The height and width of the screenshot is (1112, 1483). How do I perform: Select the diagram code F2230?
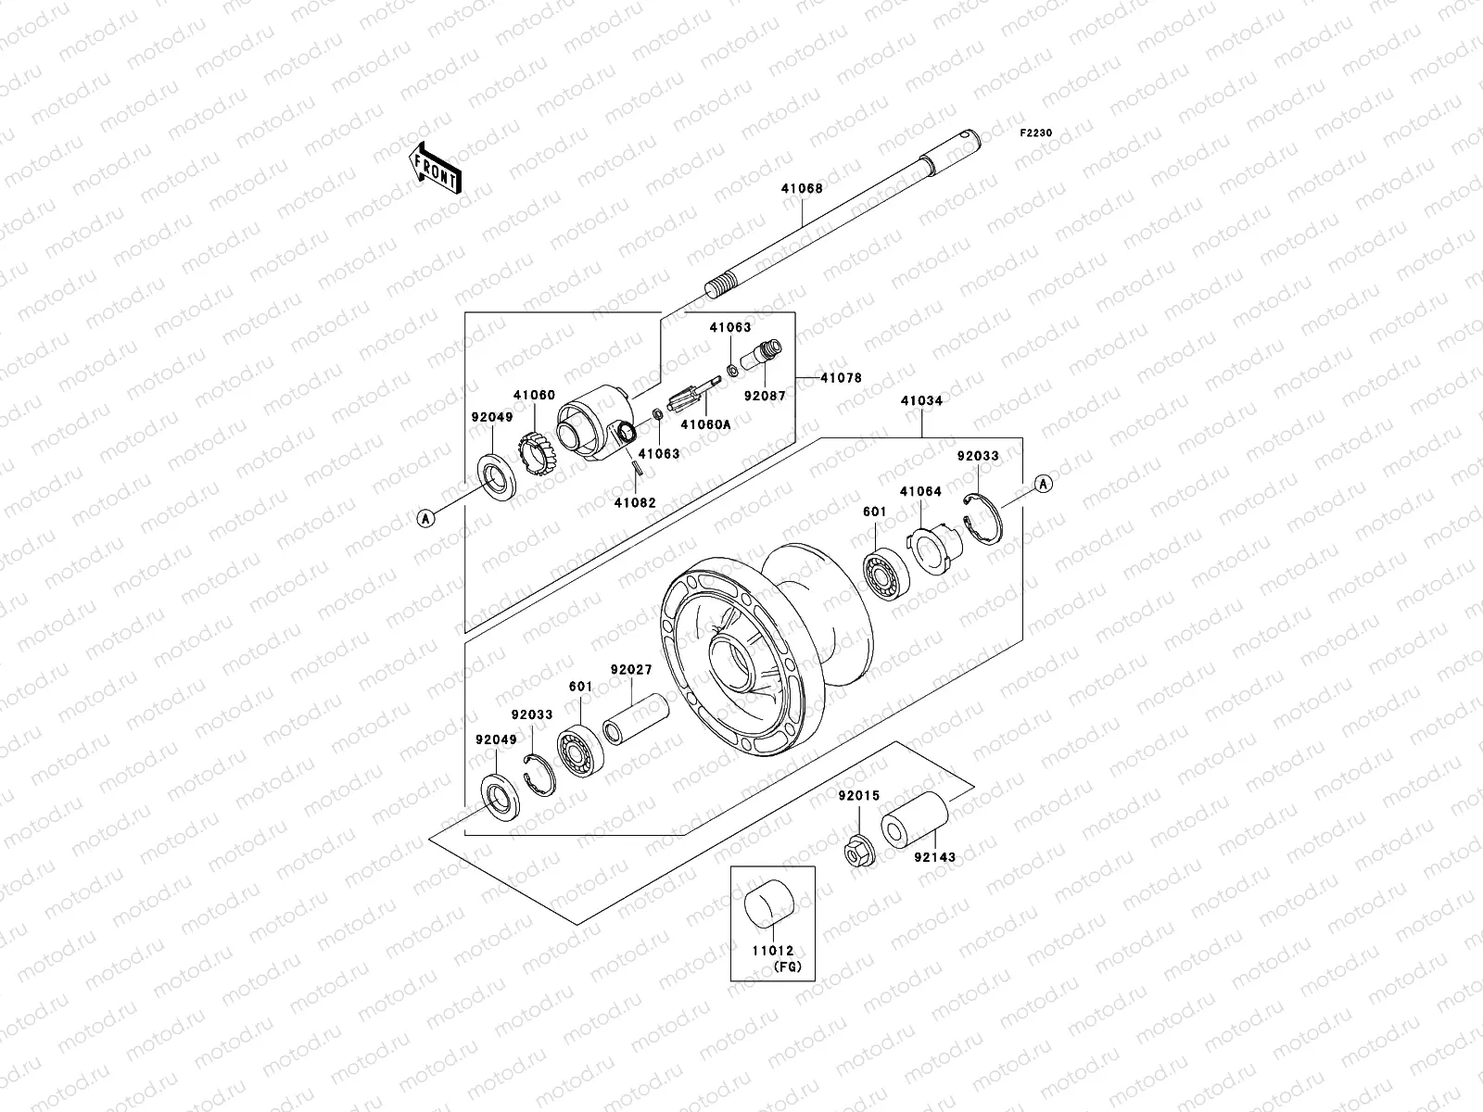(x=1036, y=133)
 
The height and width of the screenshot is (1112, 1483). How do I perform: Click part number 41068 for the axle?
(x=802, y=188)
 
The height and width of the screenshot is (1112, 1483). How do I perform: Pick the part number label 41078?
(x=841, y=378)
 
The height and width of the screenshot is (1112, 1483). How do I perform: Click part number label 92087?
(x=765, y=395)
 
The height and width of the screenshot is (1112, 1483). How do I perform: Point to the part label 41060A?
(x=705, y=424)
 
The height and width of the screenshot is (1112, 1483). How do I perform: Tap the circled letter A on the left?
(x=425, y=519)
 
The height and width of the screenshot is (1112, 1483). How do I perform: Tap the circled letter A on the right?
(x=1043, y=483)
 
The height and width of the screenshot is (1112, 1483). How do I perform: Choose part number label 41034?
(x=921, y=401)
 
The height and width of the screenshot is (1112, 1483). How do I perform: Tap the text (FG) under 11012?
(x=787, y=967)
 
